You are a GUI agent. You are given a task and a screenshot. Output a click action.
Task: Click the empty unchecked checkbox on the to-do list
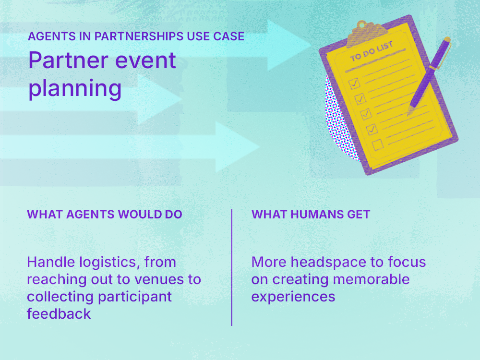(378, 144)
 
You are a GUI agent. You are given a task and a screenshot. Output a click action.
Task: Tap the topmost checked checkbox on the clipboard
(354, 84)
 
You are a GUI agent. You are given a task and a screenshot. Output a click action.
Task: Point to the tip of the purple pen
(409, 114)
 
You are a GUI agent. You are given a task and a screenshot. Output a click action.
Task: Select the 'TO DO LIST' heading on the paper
(372, 51)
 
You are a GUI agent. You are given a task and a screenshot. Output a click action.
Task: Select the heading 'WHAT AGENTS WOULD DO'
(105, 214)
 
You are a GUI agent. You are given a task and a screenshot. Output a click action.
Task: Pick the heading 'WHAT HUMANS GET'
(311, 214)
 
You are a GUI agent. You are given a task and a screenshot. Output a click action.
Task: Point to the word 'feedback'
(59, 313)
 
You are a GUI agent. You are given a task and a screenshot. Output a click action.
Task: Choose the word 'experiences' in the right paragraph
(293, 296)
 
